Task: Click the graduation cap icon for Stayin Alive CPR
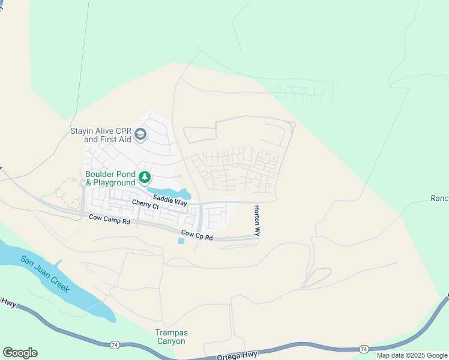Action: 141,134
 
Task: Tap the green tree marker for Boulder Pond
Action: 144,177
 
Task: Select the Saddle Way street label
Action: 169,201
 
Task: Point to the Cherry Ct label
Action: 145,206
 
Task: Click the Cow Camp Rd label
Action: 109,220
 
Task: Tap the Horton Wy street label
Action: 257,221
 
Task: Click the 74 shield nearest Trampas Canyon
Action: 114,344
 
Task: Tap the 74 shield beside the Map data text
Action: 363,349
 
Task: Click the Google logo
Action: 20,353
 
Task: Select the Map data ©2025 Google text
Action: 412,355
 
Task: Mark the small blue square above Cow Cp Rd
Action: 181,241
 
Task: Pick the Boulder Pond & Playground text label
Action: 110,178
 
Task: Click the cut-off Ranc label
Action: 439,198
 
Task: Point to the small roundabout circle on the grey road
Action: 292,125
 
